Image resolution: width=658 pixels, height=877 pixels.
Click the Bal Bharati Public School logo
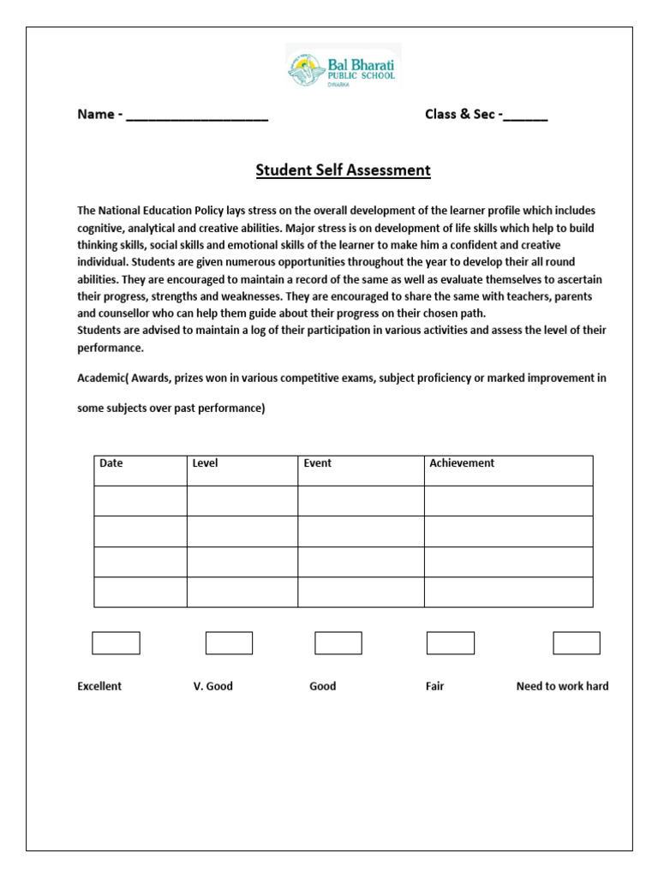343,67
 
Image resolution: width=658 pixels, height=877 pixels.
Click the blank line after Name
197,116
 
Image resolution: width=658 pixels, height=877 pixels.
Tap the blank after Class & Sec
525,116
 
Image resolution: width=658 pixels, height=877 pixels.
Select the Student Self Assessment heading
343,170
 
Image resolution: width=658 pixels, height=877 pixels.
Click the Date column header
111,463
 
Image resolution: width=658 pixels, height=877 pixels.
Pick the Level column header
205,463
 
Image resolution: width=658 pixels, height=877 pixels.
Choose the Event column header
317,463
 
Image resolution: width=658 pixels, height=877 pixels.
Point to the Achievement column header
462,463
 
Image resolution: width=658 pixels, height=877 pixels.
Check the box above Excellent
116,643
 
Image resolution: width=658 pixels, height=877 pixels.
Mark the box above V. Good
229,643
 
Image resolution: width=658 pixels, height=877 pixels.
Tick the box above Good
338,643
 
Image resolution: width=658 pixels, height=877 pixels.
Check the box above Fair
450,643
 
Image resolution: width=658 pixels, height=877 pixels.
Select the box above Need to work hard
576,643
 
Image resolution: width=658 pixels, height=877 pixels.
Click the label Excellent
99,686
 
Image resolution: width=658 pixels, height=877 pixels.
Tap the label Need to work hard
562,686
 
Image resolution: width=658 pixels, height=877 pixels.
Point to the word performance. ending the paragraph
111,349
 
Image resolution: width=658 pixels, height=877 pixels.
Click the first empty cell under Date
141,501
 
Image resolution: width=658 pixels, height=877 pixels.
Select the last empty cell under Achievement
508,592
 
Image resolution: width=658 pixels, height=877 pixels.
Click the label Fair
434,686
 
